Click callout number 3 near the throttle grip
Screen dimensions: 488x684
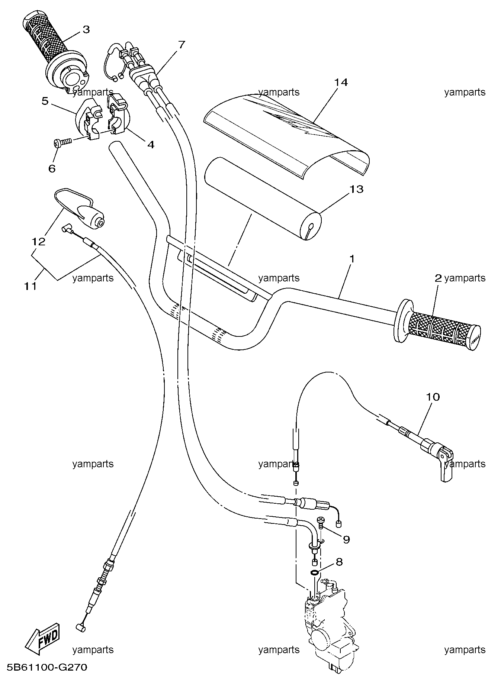[x=86, y=29]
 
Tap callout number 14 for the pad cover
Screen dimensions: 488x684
[x=341, y=82]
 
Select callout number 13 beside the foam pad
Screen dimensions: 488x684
[x=356, y=189]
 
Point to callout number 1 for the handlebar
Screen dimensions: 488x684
[x=351, y=258]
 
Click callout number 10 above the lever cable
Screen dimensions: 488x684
[x=433, y=397]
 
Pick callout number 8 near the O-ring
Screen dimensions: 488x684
[x=339, y=562]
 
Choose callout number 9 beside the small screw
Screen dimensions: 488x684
[x=346, y=539]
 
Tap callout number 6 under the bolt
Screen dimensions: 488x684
[x=52, y=168]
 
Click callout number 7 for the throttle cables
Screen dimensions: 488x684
[x=181, y=45]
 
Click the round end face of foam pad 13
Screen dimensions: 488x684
[x=311, y=227]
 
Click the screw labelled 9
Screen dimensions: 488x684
[x=320, y=523]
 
